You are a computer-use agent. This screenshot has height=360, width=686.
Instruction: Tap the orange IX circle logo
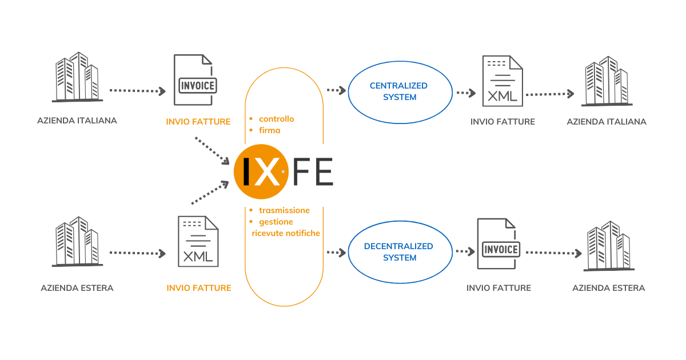[x=261, y=172]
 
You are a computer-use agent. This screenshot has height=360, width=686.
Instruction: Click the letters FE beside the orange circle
[x=313, y=172]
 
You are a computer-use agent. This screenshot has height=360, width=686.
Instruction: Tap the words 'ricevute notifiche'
[x=286, y=233]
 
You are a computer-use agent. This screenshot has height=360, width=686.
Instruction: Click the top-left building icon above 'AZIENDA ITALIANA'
[x=77, y=77]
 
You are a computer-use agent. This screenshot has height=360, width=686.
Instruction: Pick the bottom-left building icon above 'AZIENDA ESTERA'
[x=77, y=242]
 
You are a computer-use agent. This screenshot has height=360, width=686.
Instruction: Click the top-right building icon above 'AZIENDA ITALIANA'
[x=607, y=81]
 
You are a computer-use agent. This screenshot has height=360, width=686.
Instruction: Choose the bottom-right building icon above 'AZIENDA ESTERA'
[x=609, y=246]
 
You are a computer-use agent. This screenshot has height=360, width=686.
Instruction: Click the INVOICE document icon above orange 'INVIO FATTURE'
[x=196, y=80]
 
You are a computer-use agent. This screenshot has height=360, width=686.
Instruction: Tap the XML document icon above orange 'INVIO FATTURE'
[x=198, y=242]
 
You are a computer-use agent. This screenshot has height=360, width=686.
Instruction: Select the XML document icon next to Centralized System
[x=502, y=81]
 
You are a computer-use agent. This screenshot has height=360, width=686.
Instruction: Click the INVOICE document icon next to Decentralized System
[x=499, y=243]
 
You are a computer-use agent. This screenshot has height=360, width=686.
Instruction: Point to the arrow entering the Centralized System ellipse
[x=336, y=90]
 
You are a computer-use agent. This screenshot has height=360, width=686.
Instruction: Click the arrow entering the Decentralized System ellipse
[x=336, y=253]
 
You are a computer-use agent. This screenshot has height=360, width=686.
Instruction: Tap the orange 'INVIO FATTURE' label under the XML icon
[x=199, y=288]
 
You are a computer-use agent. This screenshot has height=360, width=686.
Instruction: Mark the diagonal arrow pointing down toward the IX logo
[x=212, y=151]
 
